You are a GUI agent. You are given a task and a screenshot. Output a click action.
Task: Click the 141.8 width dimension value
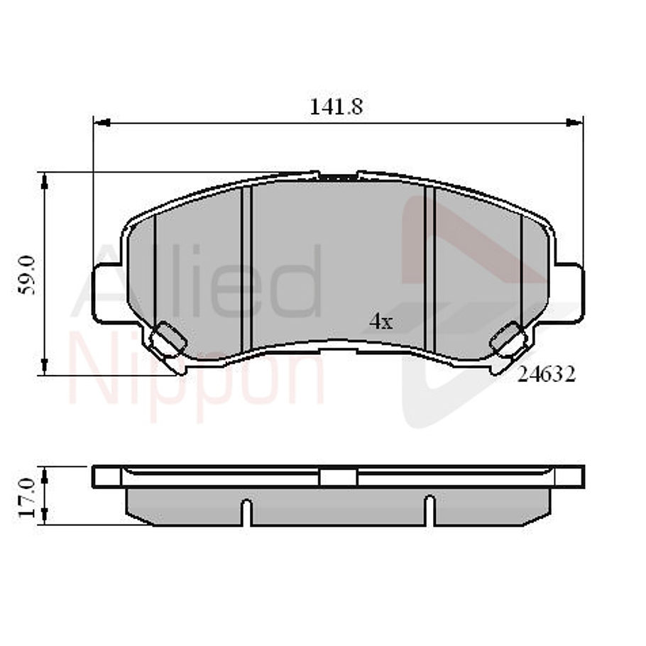click(336, 106)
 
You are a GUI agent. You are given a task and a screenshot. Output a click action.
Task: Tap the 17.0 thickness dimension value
click(28, 496)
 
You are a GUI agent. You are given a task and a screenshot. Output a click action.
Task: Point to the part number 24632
click(546, 374)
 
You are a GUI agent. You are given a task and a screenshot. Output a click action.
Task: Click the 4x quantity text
click(381, 322)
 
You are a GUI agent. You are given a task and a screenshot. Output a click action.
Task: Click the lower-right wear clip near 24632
click(508, 339)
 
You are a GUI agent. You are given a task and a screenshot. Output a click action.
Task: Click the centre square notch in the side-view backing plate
click(338, 477)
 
